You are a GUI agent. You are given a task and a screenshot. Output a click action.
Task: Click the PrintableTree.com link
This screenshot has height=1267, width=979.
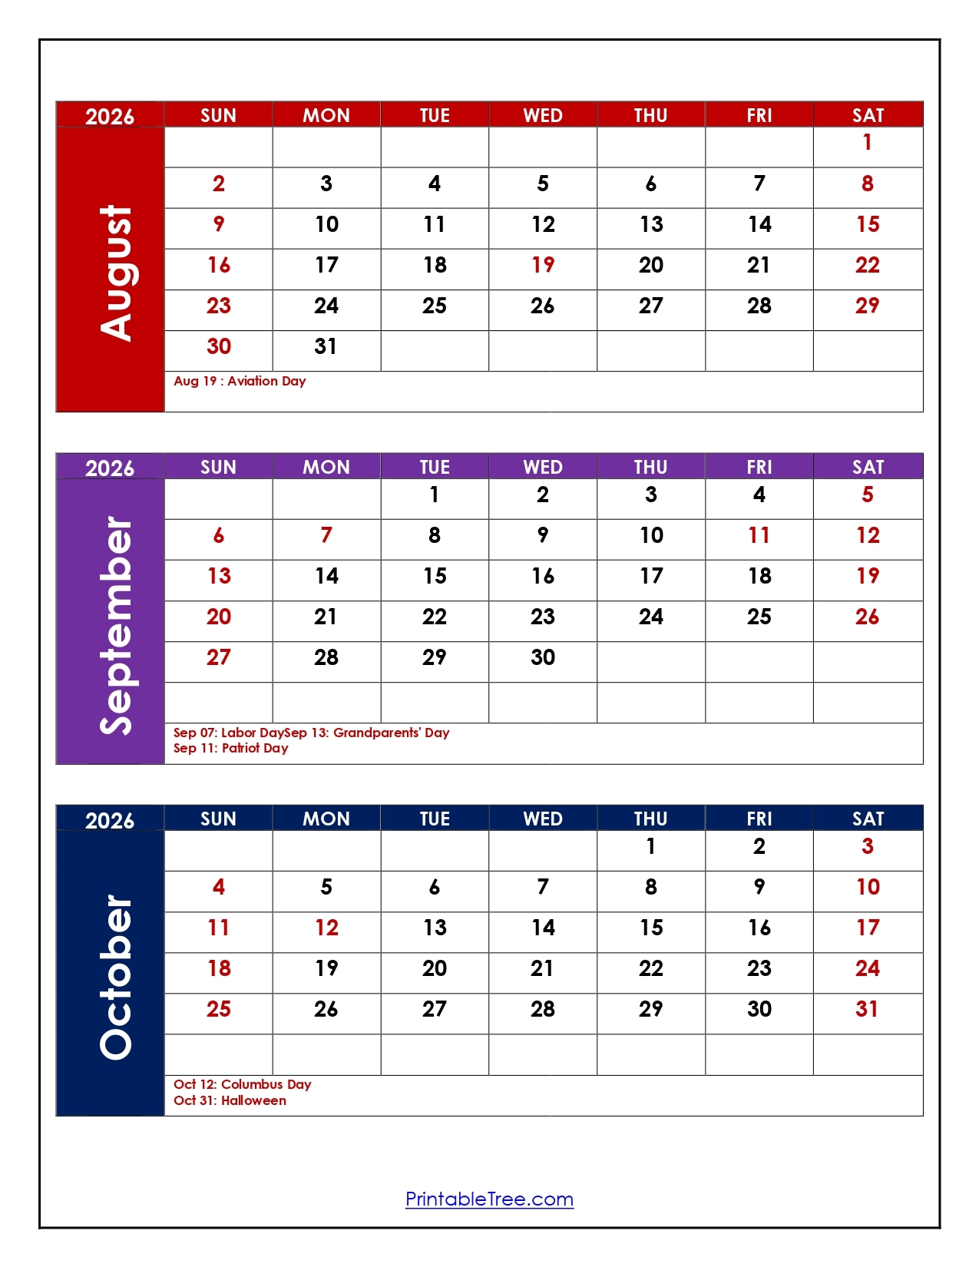tap(489, 1199)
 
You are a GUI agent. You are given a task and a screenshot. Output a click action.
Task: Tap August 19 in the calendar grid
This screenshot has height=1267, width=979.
tap(543, 266)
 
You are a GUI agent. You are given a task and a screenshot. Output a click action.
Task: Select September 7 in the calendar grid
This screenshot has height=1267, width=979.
tap(326, 535)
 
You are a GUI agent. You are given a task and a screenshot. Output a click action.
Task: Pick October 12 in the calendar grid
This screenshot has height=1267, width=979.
tap(326, 928)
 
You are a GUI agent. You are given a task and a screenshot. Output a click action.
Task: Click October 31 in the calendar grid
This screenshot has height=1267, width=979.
tap(867, 1009)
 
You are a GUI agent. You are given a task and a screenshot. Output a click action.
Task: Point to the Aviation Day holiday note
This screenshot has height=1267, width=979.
tap(240, 381)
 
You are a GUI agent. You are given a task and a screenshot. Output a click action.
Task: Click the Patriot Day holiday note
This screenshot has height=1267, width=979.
tap(230, 748)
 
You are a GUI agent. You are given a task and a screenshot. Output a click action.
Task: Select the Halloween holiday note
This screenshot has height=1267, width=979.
tap(230, 1100)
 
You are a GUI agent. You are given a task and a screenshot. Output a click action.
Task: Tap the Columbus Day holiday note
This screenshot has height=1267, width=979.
tap(242, 1084)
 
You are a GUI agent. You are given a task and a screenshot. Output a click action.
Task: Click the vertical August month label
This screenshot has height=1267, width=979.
tap(115, 273)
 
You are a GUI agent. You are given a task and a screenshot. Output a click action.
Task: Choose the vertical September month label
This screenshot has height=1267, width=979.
tap(115, 625)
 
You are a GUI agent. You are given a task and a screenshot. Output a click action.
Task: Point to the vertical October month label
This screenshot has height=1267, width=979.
tap(115, 977)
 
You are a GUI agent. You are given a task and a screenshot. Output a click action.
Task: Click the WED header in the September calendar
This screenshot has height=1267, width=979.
tap(543, 467)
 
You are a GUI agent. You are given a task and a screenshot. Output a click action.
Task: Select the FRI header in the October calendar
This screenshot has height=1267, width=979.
tap(759, 819)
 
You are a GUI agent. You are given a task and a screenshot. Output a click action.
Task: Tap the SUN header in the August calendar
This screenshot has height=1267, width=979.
tap(218, 115)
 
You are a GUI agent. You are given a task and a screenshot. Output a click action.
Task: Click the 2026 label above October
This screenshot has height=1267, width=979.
tap(109, 820)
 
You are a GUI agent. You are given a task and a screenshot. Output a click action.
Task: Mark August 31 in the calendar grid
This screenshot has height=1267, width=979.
tap(326, 347)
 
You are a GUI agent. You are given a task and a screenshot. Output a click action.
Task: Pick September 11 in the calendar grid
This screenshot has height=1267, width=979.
tap(759, 535)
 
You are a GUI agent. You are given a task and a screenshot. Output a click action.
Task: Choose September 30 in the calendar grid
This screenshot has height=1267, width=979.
tap(543, 657)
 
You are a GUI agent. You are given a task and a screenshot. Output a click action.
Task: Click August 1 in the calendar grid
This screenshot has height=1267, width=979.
tap(867, 143)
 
